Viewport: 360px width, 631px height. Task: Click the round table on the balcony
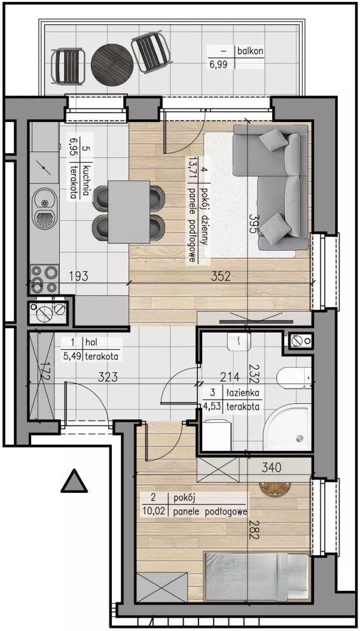coord(112,64)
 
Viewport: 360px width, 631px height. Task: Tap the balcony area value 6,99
coord(219,64)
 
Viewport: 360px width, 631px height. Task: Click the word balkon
coord(250,52)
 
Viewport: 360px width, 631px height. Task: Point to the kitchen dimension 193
coord(78,277)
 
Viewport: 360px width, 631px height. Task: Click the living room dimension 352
coord(220,277)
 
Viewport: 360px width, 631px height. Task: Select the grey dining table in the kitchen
coord(129,212)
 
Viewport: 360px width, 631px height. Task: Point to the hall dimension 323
coord(109,377)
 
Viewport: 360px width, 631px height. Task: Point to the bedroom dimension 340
coord(271,468)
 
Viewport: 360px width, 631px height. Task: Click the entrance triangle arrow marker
coord(74,481)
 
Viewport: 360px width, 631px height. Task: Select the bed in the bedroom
coord(257,577)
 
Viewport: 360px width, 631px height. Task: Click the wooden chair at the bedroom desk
coord(275,489)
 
